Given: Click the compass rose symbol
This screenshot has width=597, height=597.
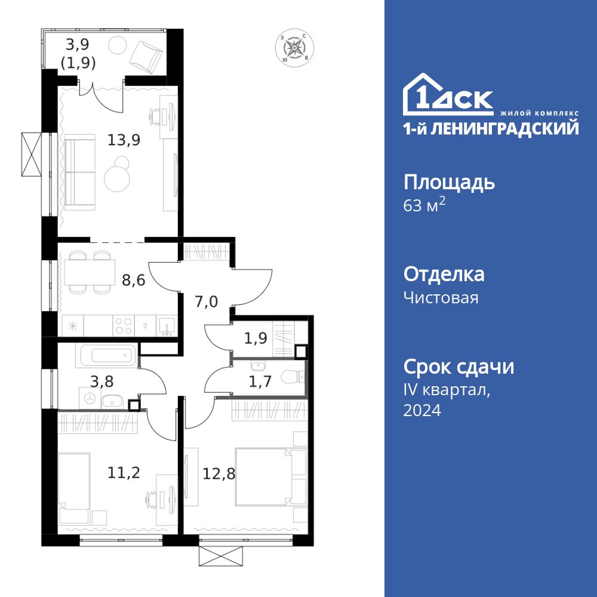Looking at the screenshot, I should coord(293,48).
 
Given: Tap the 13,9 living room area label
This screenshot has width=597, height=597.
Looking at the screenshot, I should coord(124,140).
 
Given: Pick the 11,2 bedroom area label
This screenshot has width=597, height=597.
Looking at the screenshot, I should coord(124,473).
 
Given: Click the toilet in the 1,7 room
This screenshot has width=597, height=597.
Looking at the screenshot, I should coord(293,377).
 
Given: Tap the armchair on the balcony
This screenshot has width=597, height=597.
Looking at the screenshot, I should coord(147,55).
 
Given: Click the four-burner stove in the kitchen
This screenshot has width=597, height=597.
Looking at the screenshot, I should coord(124,326).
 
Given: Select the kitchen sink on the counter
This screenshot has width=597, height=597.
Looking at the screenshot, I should coord(166,326).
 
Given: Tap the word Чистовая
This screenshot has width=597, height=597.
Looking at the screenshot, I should coord(441,297).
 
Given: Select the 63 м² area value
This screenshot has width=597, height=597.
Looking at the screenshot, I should coord(424,206).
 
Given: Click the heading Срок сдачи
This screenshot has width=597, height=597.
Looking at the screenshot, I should coord(458,367).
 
